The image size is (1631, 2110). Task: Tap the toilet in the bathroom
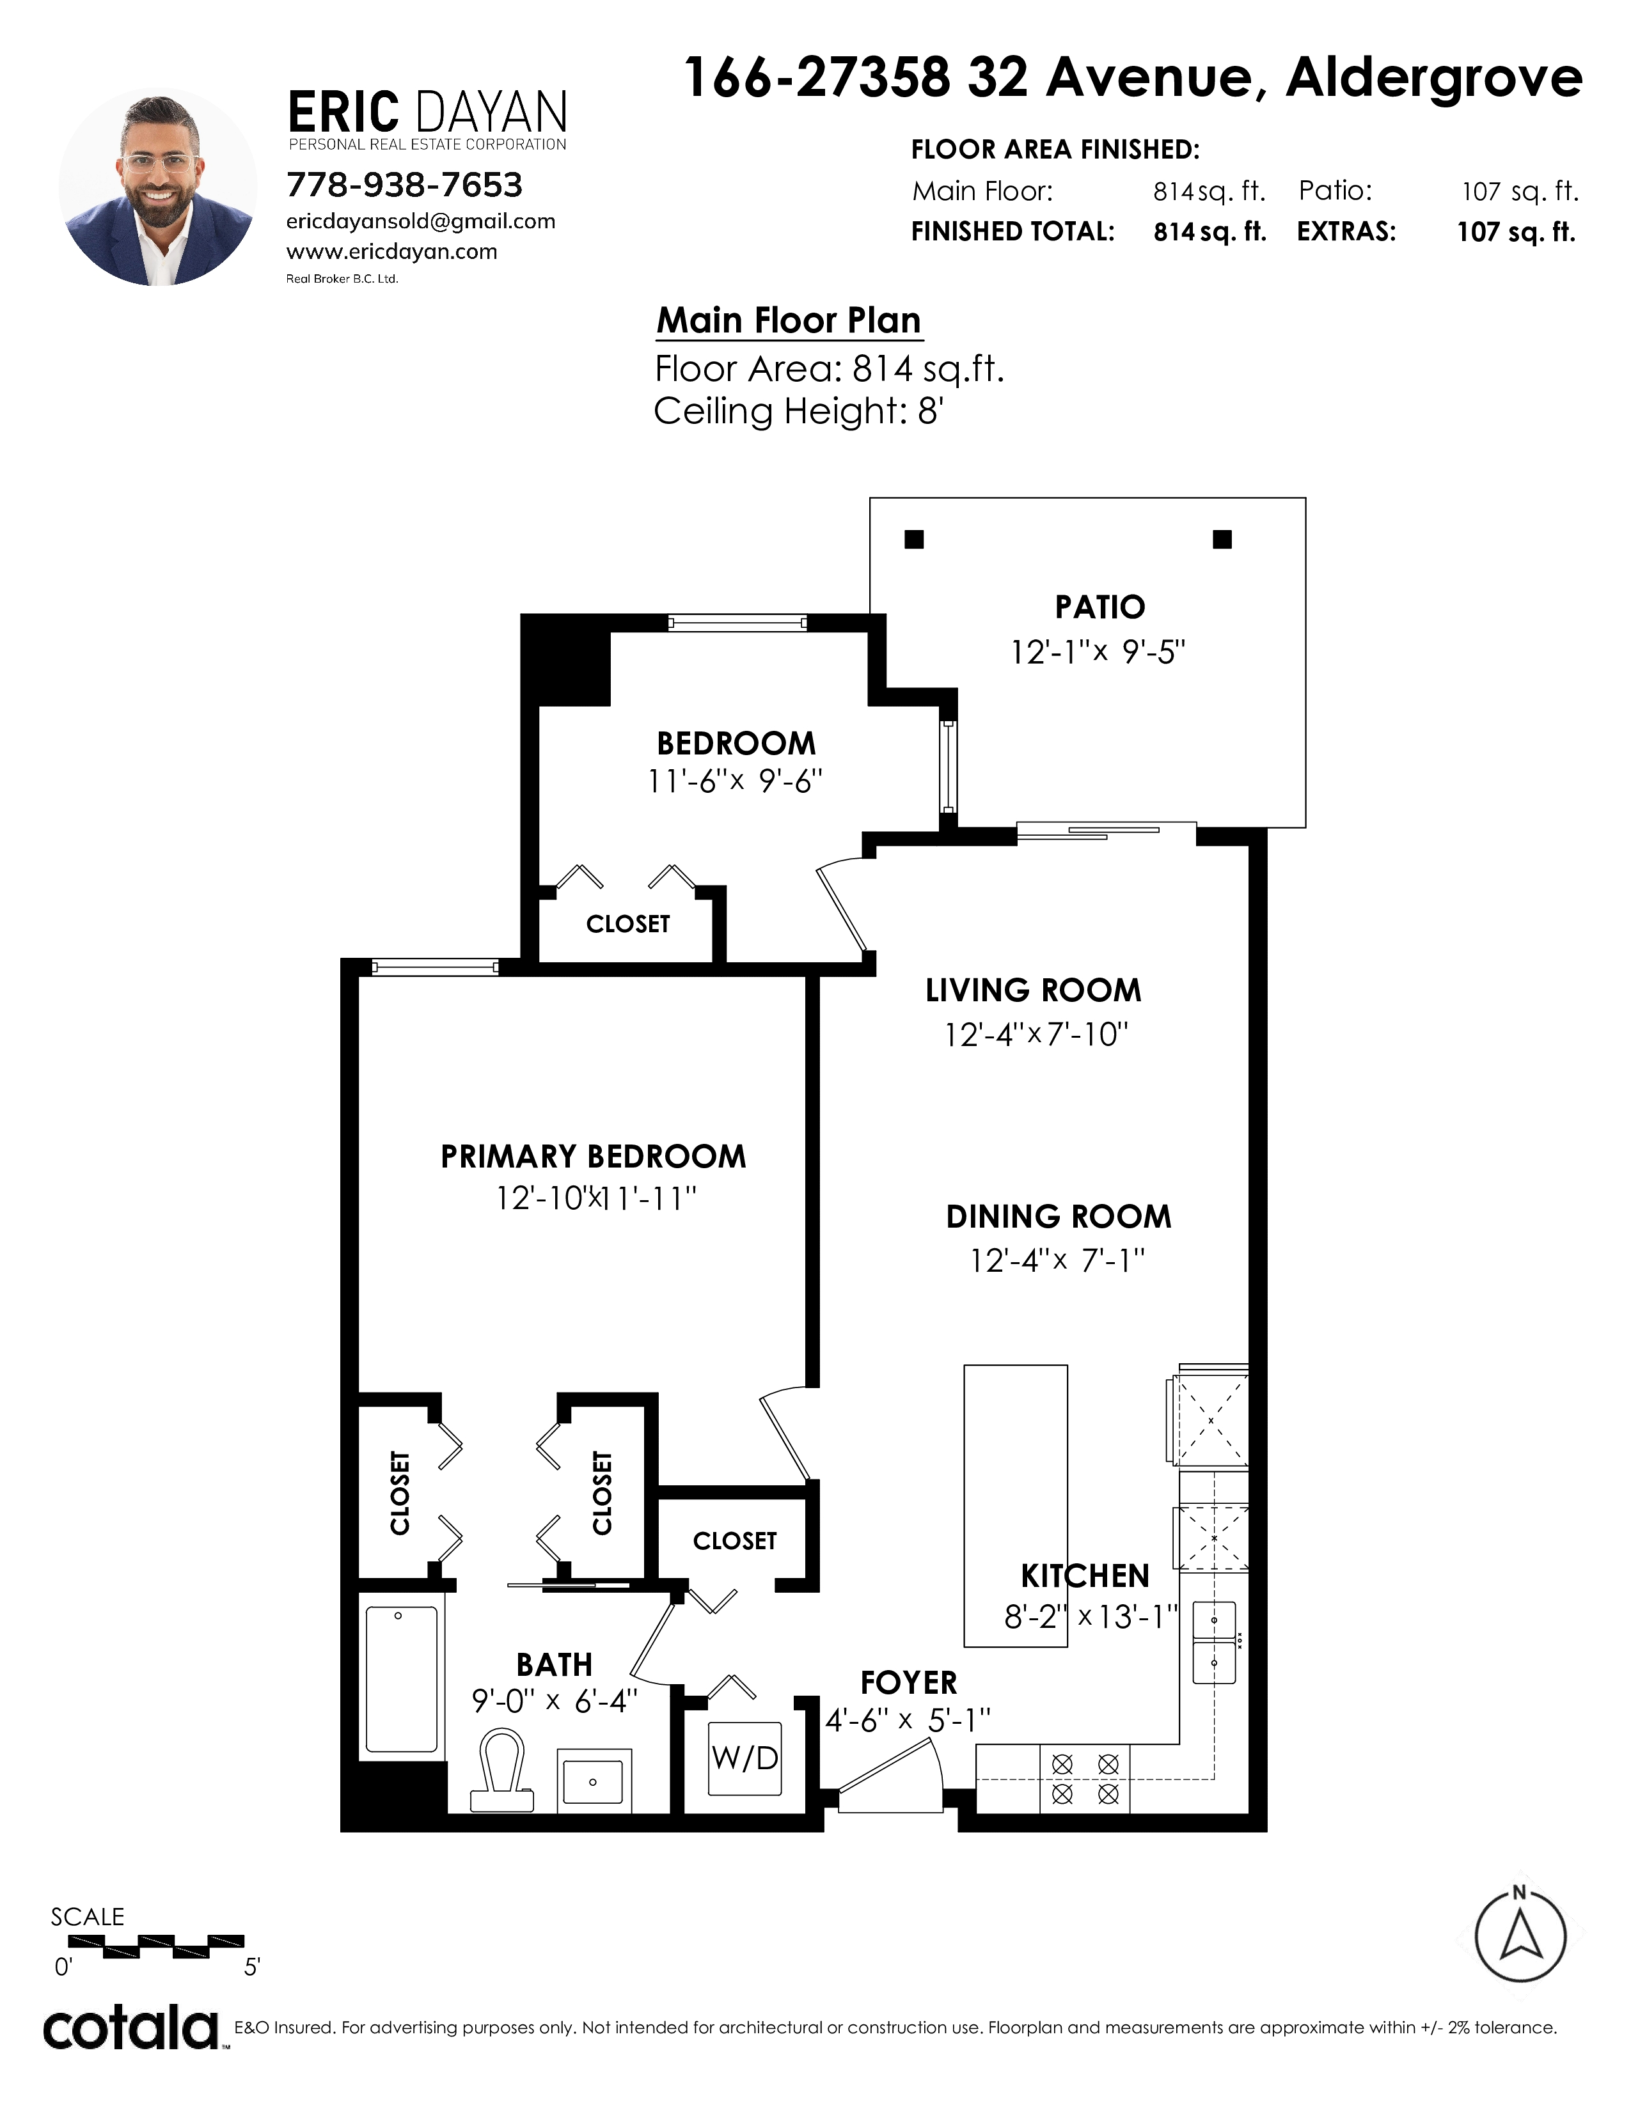pos(501,1770)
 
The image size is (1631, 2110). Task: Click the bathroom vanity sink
pos(594,1776)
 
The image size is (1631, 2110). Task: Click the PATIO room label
pos(1099,607)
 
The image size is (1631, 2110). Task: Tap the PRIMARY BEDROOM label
pos(594,1157)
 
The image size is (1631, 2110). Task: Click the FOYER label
pos(908,1683)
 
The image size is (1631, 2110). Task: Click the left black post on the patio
pos(914,539)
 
